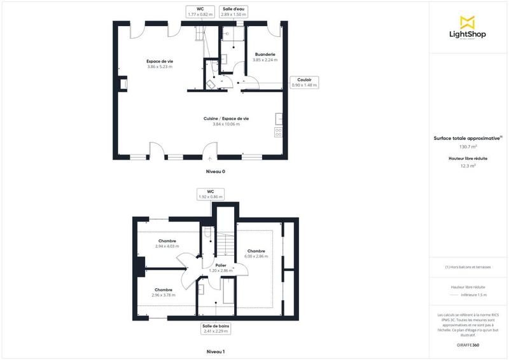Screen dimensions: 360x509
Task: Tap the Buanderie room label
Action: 265,57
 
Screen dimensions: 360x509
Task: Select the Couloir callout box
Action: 304,82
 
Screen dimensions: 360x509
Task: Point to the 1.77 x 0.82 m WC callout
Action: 200,11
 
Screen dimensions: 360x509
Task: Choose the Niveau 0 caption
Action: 215,172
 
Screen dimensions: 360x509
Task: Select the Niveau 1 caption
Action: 215,351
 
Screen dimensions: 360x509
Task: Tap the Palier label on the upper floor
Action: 221,268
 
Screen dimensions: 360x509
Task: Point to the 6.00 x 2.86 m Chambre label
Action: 256,254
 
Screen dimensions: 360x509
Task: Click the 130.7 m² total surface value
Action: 468,146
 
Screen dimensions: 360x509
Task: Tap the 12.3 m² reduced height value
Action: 468,166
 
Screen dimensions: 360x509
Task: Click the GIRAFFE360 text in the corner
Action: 468,343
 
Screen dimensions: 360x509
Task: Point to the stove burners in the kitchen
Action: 278,132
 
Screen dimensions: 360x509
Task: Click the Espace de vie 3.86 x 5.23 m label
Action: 160,64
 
